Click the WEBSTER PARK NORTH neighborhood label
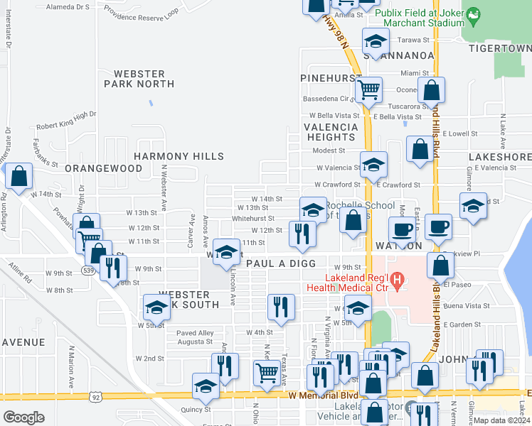(x=139, y=79)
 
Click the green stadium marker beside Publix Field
(x=472, y=13)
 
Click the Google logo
(x=23, y=417)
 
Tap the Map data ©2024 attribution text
(x=502, y=420)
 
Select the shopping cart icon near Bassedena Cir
(x=368, y=90)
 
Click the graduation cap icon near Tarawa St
(x=376, y=40)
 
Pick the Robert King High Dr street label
(x=66, y=119)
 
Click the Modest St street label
(x=329, y=151)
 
